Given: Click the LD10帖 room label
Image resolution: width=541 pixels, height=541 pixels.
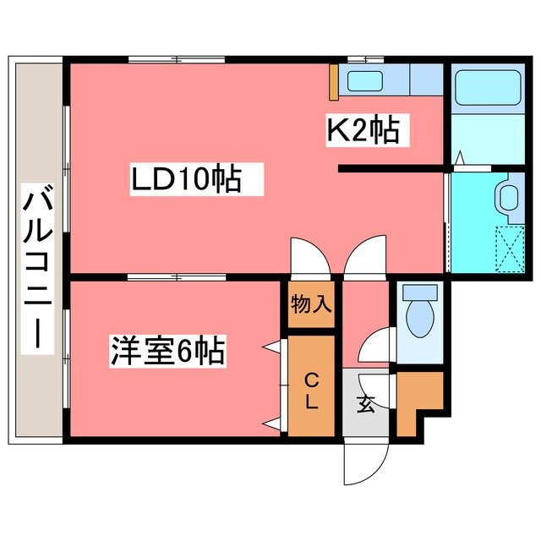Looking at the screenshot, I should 185,179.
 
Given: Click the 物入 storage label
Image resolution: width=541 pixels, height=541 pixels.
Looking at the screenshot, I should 311,305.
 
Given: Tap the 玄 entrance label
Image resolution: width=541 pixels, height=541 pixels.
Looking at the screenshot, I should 365,403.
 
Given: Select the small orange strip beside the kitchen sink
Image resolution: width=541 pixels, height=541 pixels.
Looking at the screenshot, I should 335,79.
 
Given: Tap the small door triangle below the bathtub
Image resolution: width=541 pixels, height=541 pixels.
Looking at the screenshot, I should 459,157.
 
